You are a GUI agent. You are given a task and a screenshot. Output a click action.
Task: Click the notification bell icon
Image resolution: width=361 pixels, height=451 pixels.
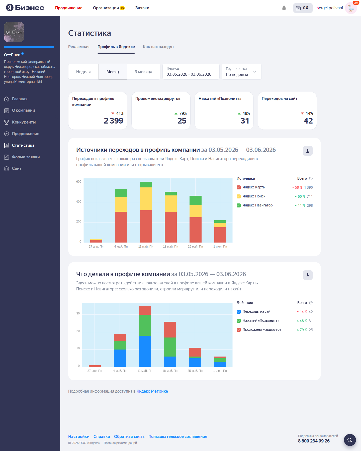pyautogui.click(x=284, y=8)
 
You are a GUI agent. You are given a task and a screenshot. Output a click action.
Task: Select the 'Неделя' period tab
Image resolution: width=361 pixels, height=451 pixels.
pyautogui.click(x=83, y=72)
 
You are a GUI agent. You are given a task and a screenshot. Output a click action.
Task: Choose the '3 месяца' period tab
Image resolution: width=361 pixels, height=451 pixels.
pyautogui.click(x=144, y=72)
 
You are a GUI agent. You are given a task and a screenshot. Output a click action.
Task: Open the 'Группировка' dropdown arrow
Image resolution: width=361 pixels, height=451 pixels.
pyautogui.click(x=255, y=72)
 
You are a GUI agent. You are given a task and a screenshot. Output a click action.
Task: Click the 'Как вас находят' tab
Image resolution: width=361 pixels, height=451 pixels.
pyautogui.click(x=158, y=47)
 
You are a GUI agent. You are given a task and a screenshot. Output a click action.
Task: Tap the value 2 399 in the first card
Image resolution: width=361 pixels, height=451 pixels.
pyautogui.click(x=114, y=121)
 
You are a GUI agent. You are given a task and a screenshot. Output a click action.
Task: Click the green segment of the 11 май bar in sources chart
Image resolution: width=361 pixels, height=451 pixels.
pyautogui.click(x=146, y=184)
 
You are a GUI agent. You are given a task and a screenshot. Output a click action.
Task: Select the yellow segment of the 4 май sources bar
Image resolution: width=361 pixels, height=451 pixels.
pyautogui.click(x=121, y=204)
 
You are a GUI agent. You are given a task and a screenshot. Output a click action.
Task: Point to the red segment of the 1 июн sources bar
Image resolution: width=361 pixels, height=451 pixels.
pyautogui.click(x=220, y=235)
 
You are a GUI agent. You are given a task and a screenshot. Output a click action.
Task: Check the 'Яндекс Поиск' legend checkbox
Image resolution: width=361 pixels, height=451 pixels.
pyautogui.click(x=239, y=196)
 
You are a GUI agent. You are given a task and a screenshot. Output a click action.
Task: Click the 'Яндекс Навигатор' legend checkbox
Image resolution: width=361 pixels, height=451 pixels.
pyautogui.click(x=239, y=205)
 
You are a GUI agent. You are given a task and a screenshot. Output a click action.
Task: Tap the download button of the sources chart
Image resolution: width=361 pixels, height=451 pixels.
pyautogui.click(x=308, y=151)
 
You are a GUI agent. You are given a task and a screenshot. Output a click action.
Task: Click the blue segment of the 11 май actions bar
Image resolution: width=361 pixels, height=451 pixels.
pyautogui.click(x=145, y=351)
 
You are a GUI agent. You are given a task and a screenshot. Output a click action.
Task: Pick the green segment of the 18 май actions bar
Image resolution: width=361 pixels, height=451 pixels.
pyautogui.click(x=170, y=347)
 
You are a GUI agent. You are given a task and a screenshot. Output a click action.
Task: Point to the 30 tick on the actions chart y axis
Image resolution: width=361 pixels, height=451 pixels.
pyautogui.click(x=78, y=313)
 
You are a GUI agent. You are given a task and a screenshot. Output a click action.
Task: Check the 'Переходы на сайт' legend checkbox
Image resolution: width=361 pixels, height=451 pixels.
pyautogui.click(x=239, y=312)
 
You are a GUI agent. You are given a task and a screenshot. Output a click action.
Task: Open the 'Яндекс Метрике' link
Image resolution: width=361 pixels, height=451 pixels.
pyautogui.click(x=152, y=391)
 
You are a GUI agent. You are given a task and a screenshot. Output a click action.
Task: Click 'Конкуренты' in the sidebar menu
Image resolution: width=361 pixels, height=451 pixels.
pyautogui.click(x=24, y=122)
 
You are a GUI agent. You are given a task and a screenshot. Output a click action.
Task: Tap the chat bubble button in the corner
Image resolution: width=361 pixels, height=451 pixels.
pyautogui.click(x=350, y=440)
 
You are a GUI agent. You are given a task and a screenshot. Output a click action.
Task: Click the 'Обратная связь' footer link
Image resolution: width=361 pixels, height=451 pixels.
pyautogui.click(x=129, y=436)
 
